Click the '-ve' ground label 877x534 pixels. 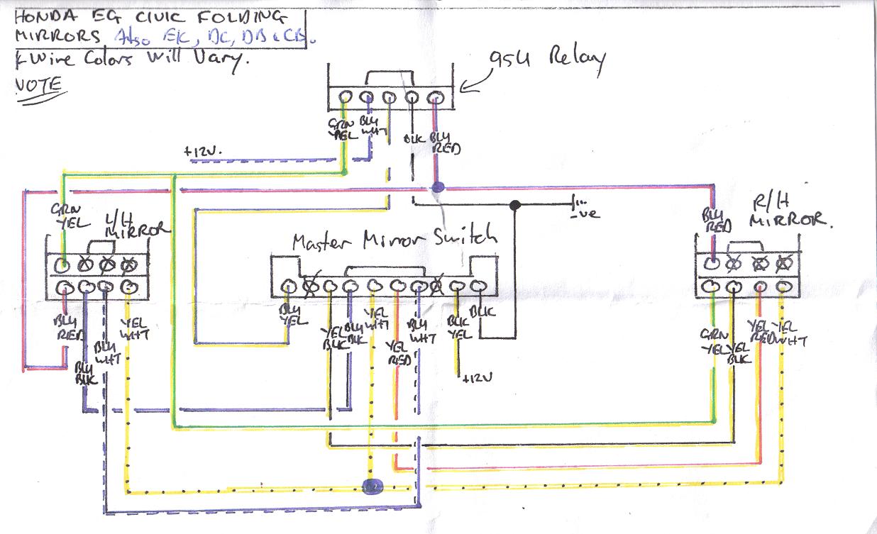click(584, 212)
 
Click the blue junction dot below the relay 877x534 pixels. click(437, 188)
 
